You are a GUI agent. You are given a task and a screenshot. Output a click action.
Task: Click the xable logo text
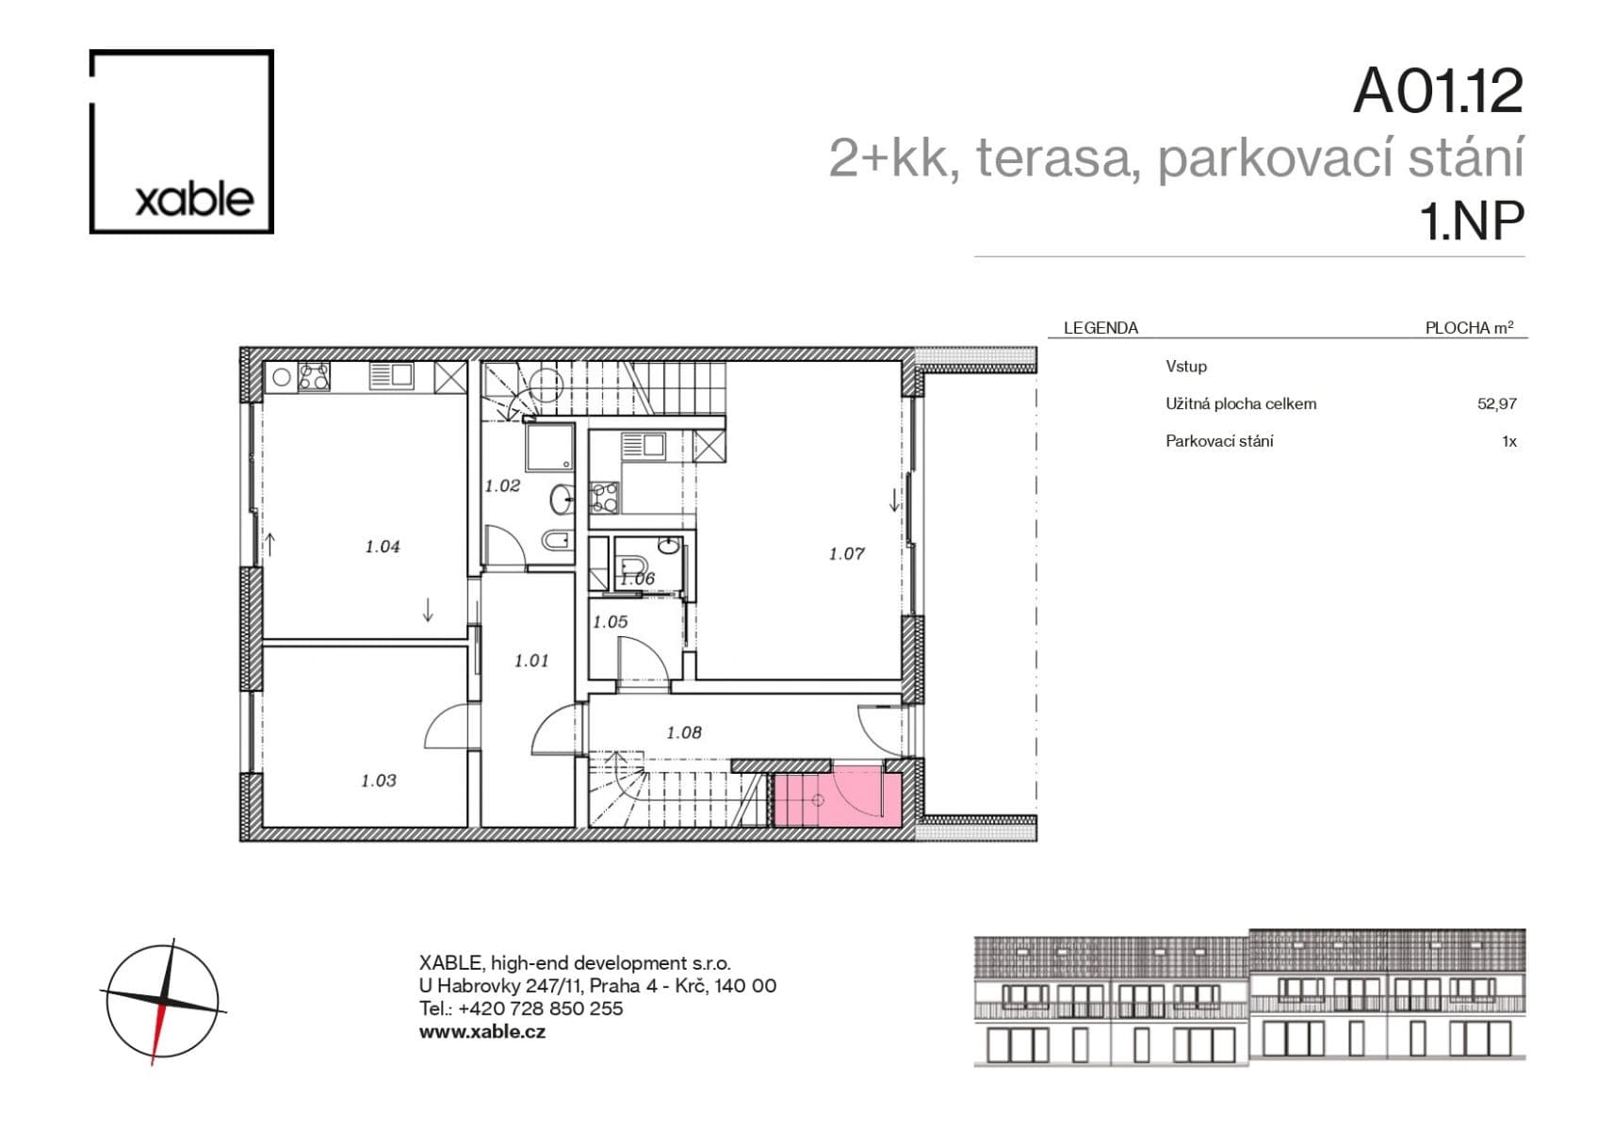pos(194,199)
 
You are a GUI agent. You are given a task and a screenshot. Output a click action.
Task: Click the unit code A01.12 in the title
pos(1437,91)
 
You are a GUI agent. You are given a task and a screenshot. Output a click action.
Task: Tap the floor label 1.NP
pos(1471,221)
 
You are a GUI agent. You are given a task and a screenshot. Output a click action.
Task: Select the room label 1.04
pos(383,547)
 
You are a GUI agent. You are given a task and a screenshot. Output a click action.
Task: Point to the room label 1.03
pos(378,780)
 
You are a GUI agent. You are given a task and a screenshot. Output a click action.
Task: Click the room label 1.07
pos(846,554)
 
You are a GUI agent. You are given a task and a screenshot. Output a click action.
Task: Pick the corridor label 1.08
pos(683,732)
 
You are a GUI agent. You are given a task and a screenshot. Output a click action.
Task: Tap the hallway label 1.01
pos(530,661)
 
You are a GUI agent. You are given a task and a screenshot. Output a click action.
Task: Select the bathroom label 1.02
pos(502,486)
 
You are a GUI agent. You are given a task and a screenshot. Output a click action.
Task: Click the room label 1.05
pos(610,622)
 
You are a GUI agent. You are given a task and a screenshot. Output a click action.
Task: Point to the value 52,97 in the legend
pos(1496,403)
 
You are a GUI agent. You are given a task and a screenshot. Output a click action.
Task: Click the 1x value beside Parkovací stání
pos(1508,441)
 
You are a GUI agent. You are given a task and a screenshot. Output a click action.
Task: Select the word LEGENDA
pos(1101,328)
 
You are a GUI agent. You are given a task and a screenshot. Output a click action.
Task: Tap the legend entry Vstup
pos(1185,366)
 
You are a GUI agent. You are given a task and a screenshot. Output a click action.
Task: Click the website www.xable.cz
pos(481,1031)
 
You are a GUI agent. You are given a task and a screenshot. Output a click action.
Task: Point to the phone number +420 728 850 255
pos(541,1008)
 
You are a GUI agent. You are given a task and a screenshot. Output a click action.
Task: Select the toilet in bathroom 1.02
pos(557,540)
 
